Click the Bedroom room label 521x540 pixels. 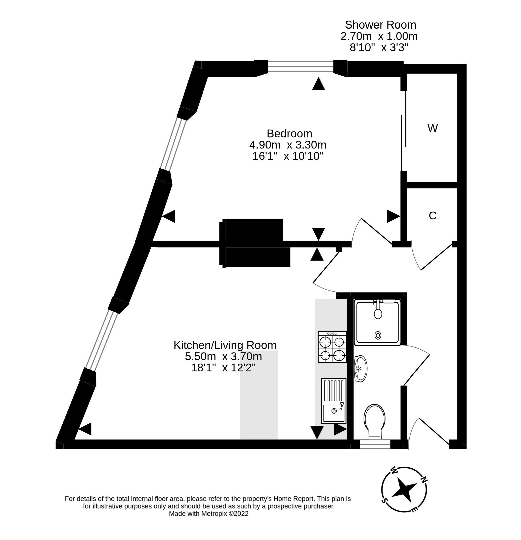[x=289, y=134]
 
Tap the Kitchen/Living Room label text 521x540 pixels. [x=225, y=345]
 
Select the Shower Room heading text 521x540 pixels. [x=380, y=25]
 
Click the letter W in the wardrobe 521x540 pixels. [x=432, y=128]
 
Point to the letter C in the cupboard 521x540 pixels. [x=432, y=216]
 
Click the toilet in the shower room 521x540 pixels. [x=374, y=421]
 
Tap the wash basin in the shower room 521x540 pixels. [x=361, y=369]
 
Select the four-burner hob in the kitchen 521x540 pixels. [x=332, y=347]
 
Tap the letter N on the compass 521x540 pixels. [x=423, y=479]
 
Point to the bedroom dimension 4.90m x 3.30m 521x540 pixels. [x=287, y=145]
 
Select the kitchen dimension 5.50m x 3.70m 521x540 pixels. [x=223, y=357]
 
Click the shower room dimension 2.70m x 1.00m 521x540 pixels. [x=379, y=36]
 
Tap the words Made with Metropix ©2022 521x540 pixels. [x=208, y=514]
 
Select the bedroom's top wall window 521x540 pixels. [x=300, y=66]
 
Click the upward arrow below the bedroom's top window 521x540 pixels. [x=318, y=84]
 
